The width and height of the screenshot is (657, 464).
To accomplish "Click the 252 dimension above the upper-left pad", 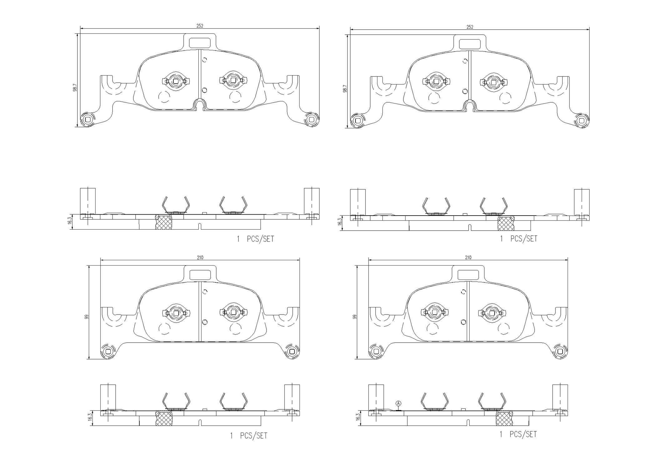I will click(x=200, y=26).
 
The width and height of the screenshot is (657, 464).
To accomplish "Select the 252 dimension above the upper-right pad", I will click(x=470, y=27).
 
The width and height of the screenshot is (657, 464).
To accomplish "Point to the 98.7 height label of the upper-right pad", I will click(x=345, y=89).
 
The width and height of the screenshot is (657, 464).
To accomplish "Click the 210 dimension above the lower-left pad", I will click(x=200, y=257).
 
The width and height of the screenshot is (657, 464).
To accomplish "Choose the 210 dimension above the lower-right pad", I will click(x=468, y=257).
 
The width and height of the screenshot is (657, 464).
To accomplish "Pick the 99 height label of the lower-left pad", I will click(x=87, y=316).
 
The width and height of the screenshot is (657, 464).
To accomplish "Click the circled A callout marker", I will click(x=398, y=403).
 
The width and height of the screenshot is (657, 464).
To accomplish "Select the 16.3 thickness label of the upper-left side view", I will click(x=70, y=221).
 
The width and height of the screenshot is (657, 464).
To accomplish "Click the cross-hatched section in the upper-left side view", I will click(x=164, y=222).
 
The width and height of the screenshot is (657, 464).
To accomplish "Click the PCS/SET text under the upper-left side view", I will click(x=260, y=239).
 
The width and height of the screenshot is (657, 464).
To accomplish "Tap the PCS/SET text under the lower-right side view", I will click(x=523, y=434).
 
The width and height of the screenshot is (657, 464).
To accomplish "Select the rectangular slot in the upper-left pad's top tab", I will click(x=200, y=43).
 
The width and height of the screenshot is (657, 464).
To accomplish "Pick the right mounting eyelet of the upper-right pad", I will click(x=581, y=120).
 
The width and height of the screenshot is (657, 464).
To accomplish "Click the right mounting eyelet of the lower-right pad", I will click(x=560, y=352).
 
